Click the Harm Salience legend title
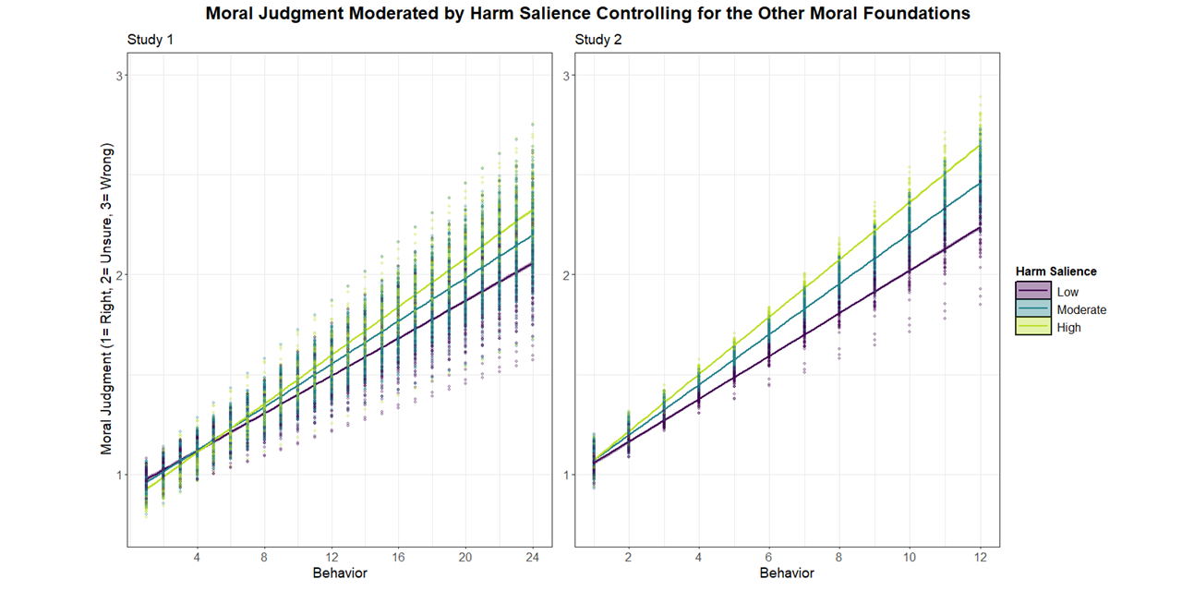coord(1055,271)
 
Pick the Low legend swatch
coord(1032,293)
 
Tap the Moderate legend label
coord(1081,310)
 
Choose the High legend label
coord(1068,328)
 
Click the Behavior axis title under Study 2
coord(787,573)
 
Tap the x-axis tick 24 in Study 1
coord(533,557)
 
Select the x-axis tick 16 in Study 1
coord(398,557)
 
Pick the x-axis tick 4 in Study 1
coord(197,557)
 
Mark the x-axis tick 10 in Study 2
coord(909,557)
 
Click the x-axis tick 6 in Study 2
coord(768,557)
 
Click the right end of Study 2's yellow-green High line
coord(979,144)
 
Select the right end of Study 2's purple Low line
coord(979,227)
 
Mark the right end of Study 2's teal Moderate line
coord(979,183)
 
